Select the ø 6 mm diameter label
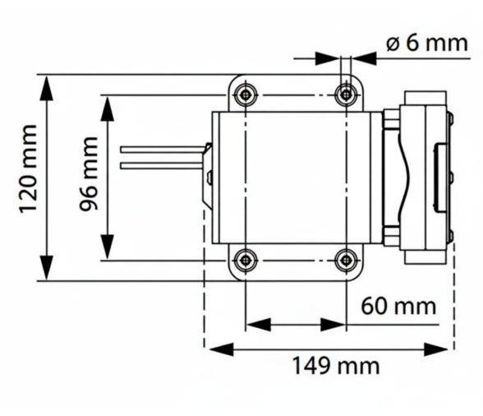tap(426, 43)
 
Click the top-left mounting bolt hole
tap(246, 95)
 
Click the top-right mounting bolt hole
tap(346, 95)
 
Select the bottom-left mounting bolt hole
tap(246, 261)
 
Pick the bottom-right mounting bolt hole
tap(346, 261)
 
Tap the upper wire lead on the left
tap(160, 150)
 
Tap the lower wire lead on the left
tap(160, 164)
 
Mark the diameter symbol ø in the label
tap(393, 44)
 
